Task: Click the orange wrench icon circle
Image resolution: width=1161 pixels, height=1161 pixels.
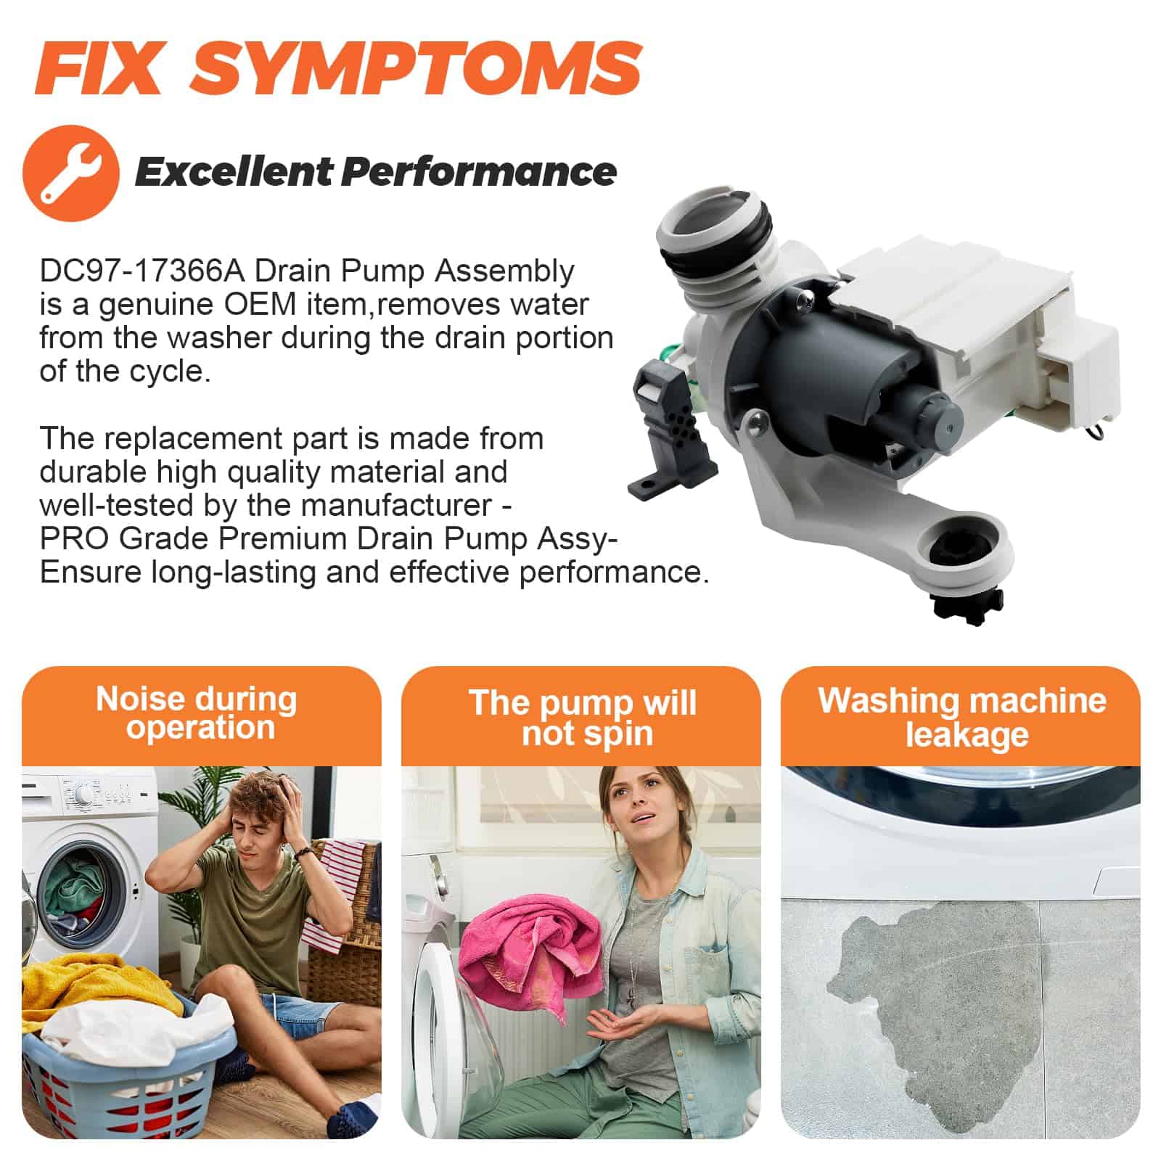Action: click(x=71, y=172)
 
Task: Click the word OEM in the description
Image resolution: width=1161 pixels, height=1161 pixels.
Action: click(x=259, y=305)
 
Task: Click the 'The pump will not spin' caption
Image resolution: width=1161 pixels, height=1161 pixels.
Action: click(x=583, y=718)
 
